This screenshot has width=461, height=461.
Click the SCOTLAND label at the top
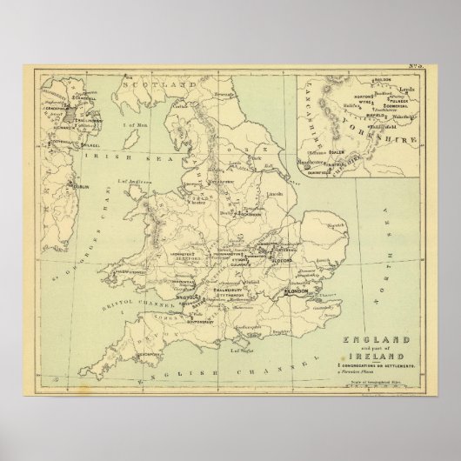[161, 84]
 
